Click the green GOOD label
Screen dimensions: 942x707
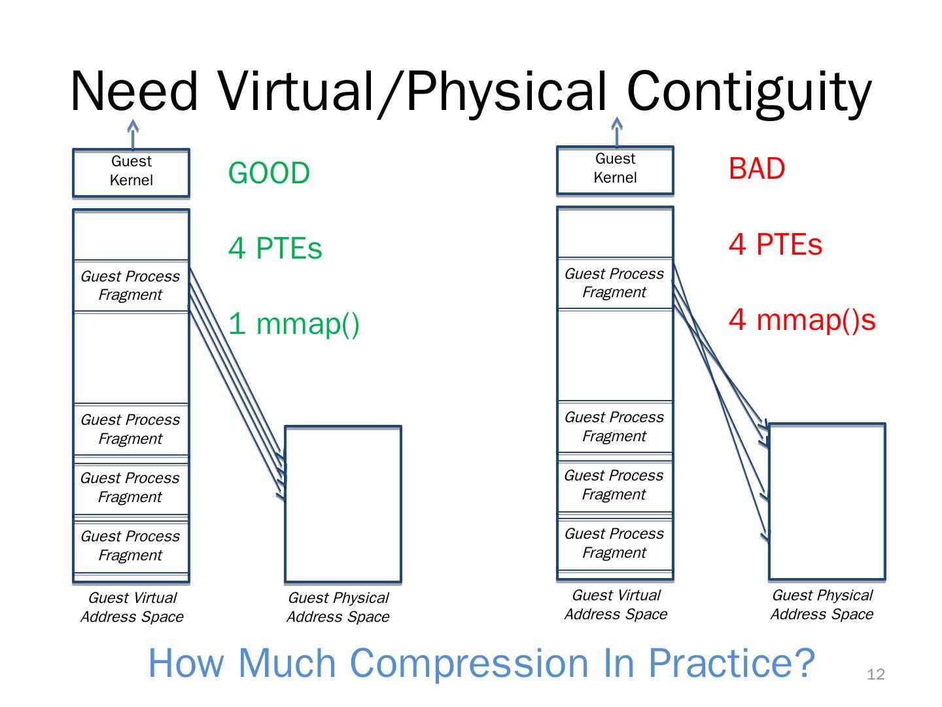pos(269,173)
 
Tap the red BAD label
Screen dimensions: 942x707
pos(756,169)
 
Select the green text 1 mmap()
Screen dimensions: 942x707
pos(294,324)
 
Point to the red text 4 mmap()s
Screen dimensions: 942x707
pos(801,320)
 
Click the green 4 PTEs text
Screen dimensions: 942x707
pos(275,249)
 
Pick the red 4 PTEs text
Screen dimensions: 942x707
pos(775,245)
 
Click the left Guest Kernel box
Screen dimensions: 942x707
pos(131,172)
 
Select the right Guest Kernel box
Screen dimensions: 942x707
pos(615,170)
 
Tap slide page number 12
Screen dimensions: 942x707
pos(875,675)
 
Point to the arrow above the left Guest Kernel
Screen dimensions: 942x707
pos(133,135)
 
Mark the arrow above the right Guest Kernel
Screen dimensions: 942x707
pos(616,132)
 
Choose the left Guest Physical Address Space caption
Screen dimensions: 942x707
pos(338,607)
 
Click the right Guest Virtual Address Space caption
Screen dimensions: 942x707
pos(616,604)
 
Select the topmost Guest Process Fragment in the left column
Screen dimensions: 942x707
pos(130,285)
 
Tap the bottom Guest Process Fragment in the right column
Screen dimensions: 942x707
pos(614,543)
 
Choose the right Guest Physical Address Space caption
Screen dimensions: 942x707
pos(822,604)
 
